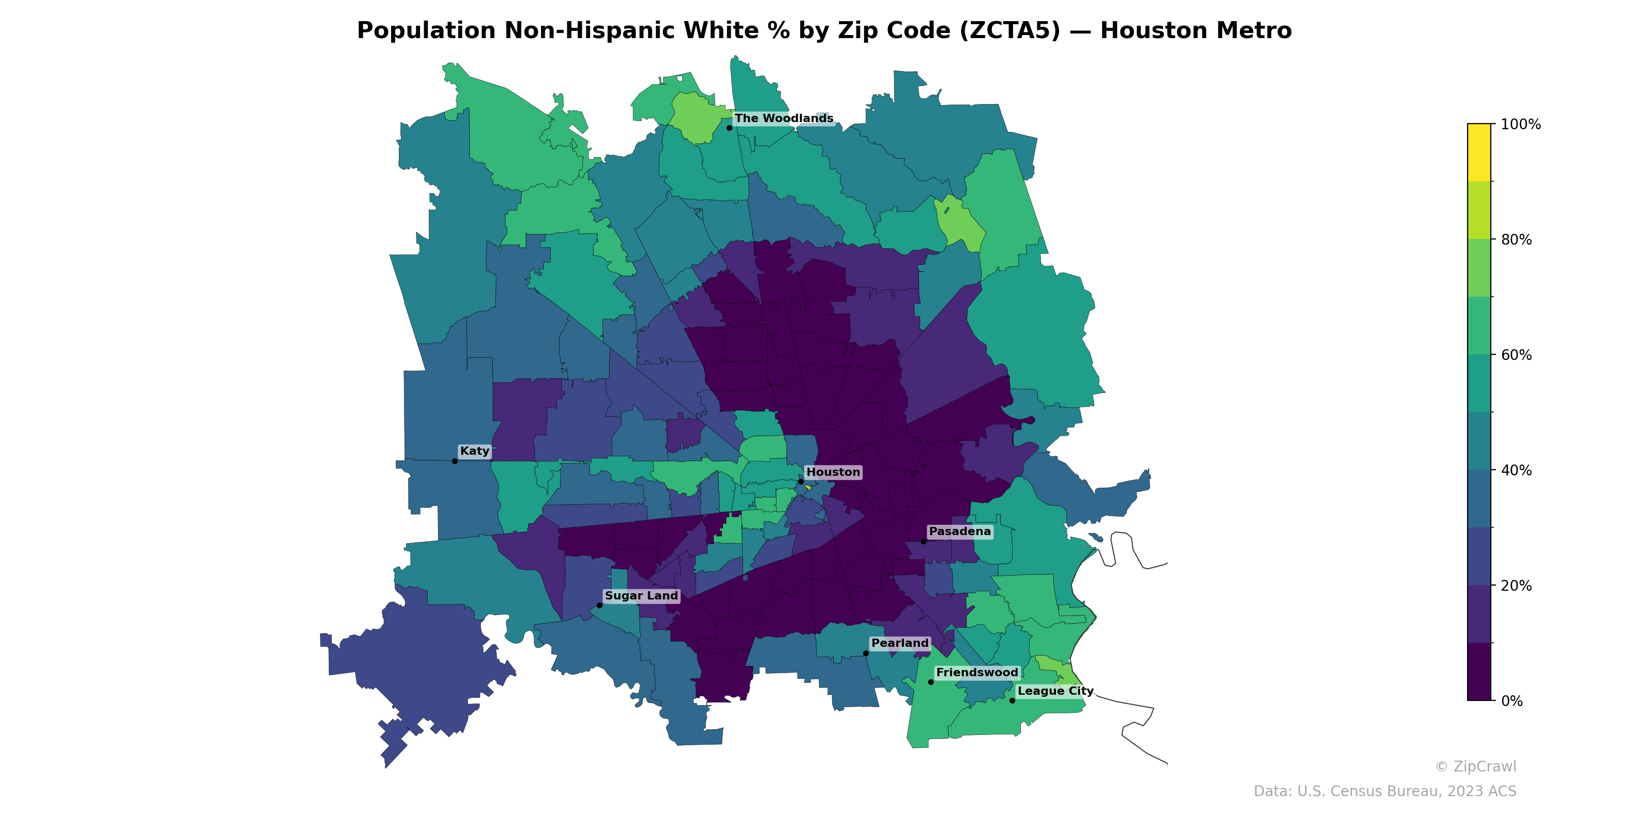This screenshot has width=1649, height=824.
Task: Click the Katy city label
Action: pos(474,451)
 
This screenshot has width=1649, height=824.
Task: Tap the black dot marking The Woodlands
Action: pos(729,128)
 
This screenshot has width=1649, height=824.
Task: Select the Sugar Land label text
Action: pos(641,596)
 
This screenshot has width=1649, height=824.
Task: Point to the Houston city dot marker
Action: pos(800,481)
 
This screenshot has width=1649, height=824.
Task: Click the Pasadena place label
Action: pos(960,531)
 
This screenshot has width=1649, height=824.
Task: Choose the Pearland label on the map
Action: pos(899,643)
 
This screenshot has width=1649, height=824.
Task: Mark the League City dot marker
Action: pos(1012,700)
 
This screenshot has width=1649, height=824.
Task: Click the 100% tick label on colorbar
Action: pos(1520,125)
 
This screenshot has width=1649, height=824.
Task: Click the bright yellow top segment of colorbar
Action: pos(1479,152)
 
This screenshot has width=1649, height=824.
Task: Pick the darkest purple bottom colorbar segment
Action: pos(1479,672)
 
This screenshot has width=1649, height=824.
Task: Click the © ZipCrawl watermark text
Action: pos(1475,766)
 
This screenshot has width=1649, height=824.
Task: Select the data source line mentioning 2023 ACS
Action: pos(1384,792)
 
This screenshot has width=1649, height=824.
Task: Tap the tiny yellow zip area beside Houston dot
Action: pos(809,488)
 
